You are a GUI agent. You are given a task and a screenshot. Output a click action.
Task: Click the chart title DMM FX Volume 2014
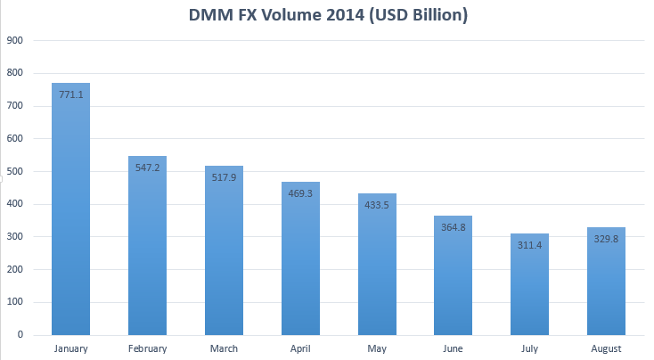point(327,16)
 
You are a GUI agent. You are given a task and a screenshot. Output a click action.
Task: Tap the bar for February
point(147,250)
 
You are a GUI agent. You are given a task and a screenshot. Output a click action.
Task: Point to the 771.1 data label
point(70,94)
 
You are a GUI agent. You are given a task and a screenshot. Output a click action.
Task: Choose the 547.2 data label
point(147,167)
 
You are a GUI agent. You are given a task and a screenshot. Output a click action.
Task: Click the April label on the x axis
point(300,348)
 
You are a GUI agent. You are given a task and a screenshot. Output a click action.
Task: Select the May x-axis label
point(377,348)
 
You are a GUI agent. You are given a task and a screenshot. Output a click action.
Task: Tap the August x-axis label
point(607,348)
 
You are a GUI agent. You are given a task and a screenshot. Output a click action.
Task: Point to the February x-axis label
point(147,348)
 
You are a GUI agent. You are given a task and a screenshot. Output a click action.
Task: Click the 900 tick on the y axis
point(14,41)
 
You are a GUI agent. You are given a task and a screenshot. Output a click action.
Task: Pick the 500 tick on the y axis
point(14,171)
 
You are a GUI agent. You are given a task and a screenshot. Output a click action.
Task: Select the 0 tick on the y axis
point(20,335)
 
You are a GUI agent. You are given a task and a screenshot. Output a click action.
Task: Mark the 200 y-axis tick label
point(14,269)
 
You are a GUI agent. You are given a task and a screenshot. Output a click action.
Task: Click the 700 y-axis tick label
point(14,106)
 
